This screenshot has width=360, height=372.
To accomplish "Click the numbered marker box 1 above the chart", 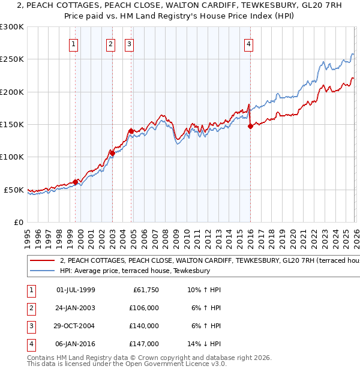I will (73, 43).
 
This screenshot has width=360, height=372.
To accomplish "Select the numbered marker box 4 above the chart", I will (248, 43).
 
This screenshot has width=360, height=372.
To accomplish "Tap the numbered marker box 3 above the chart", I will (129, 43).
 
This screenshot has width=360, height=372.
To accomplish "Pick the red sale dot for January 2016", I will (250, 126).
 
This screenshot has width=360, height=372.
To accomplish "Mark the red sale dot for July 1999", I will (75, 182).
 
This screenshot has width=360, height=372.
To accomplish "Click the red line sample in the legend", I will (42, 261).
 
